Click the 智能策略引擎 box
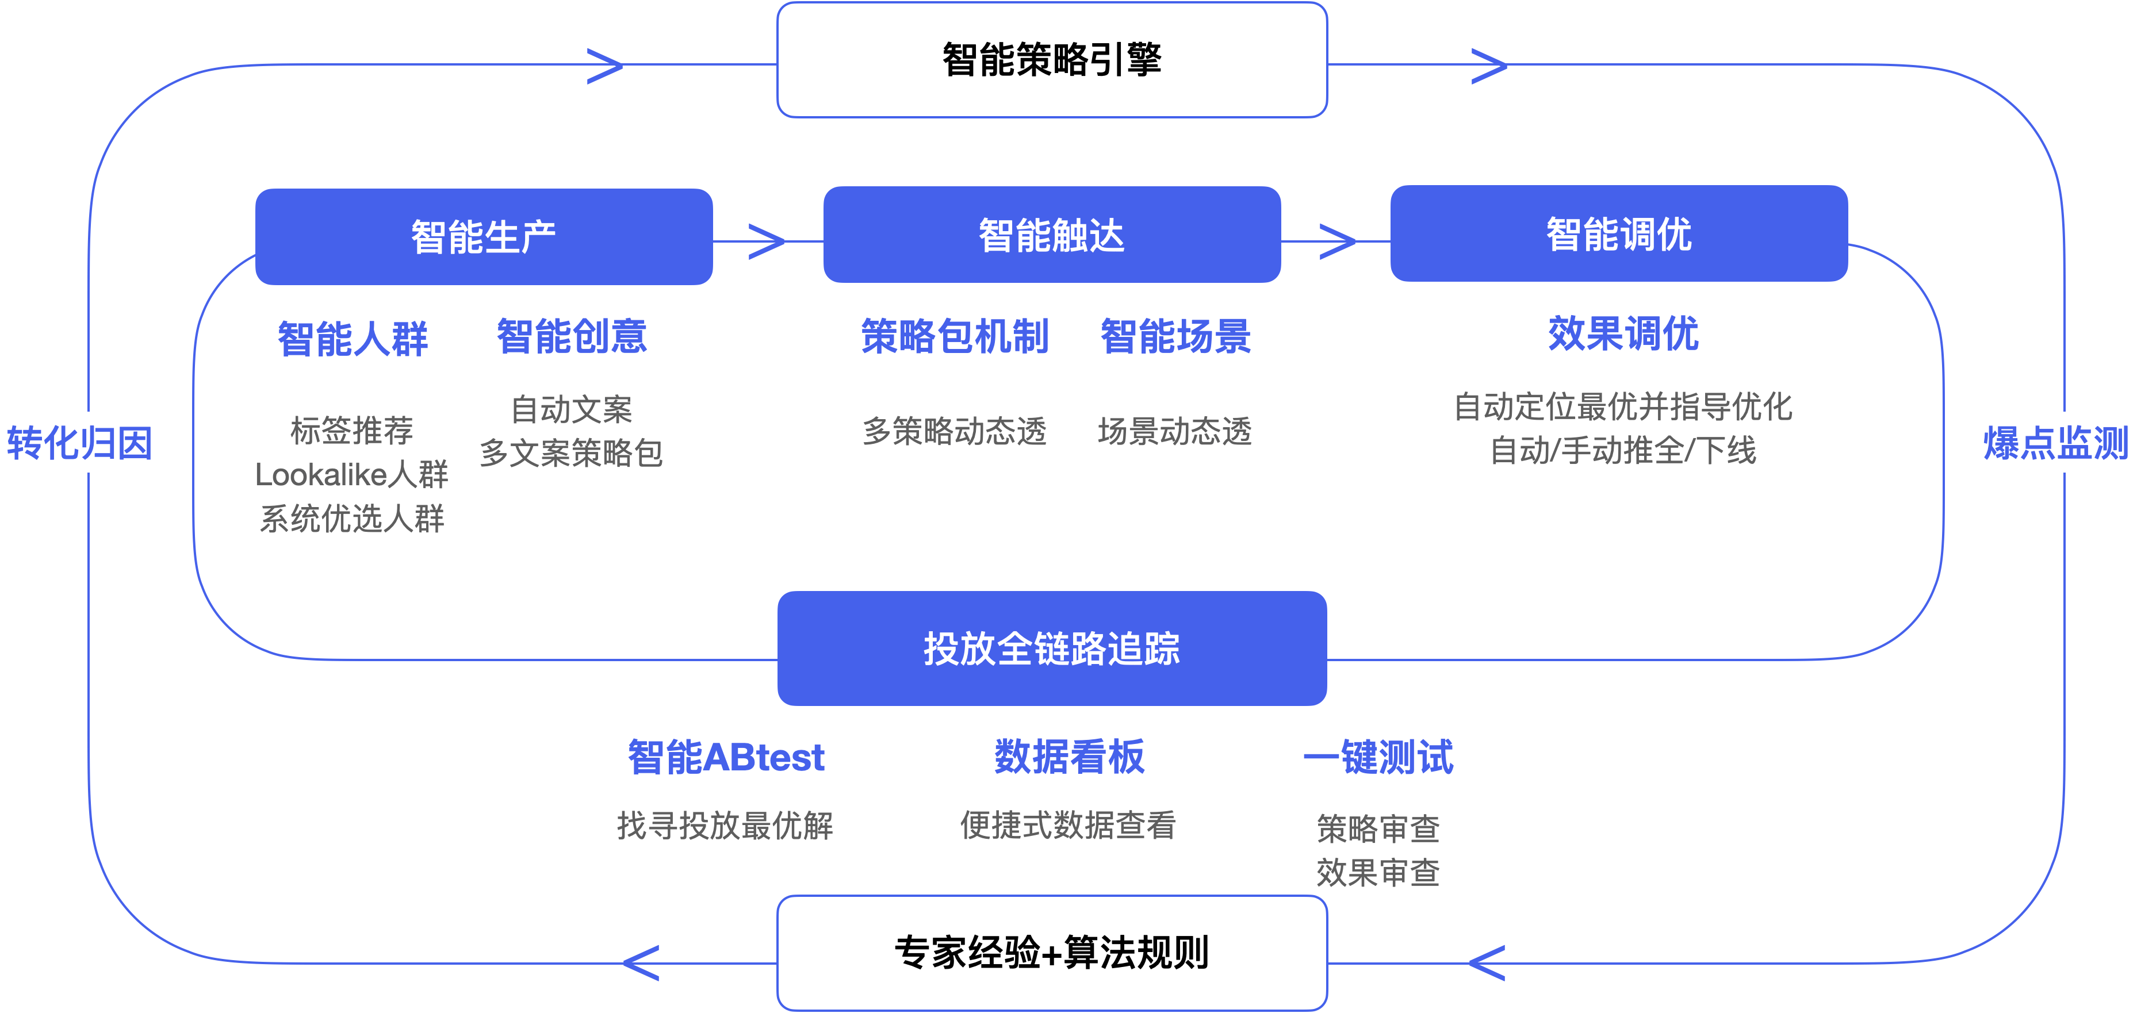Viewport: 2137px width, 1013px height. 1052,60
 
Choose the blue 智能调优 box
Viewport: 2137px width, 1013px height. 1618,234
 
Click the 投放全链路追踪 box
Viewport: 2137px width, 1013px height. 1052,649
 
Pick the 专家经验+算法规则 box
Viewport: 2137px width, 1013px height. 1052,953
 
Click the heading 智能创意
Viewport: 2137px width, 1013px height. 572,336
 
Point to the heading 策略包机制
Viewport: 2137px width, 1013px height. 955,336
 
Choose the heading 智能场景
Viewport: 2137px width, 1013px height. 1175,336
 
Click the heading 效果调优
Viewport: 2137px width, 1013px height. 1623,333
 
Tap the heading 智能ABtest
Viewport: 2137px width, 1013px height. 726,757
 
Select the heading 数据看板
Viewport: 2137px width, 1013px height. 1069,757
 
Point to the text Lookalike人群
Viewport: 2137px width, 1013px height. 352,474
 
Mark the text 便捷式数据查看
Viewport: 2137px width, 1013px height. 1068,824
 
